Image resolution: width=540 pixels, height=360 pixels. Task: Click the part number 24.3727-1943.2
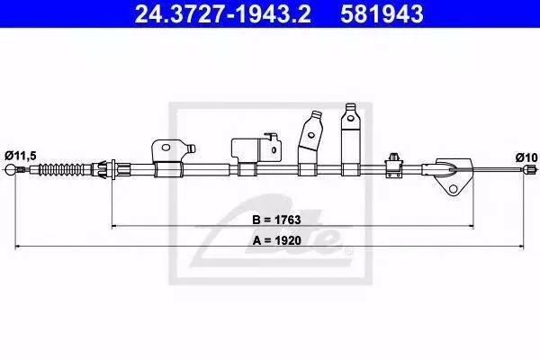[222, 13]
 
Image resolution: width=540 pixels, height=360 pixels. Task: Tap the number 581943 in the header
[382, 13]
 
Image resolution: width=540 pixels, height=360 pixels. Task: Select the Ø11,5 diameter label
[21, 156]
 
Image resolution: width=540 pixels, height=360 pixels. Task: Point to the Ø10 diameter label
[526, 157]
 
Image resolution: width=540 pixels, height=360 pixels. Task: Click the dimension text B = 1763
[276, 220]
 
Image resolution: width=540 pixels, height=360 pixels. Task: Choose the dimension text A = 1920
[276, 240]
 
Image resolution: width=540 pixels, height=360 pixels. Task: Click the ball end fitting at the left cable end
[11, 169]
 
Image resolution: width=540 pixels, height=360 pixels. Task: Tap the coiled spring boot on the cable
[61, 169]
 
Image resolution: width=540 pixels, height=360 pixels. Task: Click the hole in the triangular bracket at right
[454, 189]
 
